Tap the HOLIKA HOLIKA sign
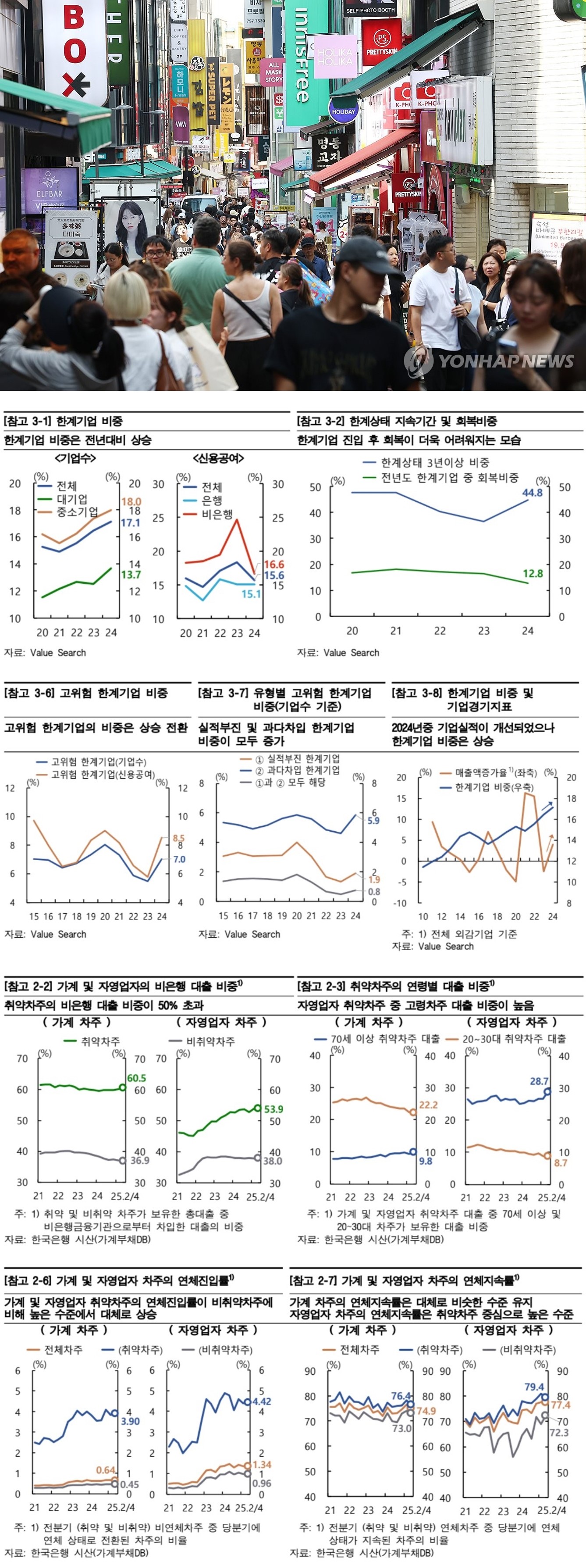[334, 57]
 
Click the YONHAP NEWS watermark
[490, 361]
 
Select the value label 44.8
[532, 492]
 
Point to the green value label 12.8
[533, 573]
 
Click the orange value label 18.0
[131, 501]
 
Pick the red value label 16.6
[274, 565]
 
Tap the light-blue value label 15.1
[251, 593]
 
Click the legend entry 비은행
[217, 514]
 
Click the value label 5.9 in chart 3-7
[373, 820]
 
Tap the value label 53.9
[273, 1108]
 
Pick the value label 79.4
[534, 1387]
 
